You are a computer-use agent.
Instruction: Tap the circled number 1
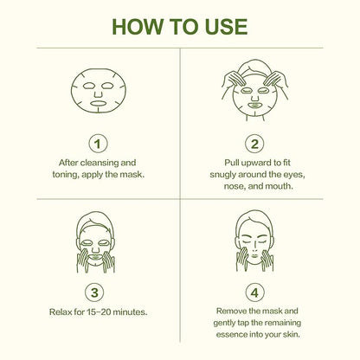[98, 144]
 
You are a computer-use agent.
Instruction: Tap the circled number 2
[254, 144]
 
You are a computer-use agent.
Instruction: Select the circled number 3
[94, 292]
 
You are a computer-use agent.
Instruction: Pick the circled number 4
[254, 292]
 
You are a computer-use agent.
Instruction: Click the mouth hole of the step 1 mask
[98, 103]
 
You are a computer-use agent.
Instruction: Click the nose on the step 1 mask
[99, 93]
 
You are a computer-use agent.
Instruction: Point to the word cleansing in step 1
[100, 163]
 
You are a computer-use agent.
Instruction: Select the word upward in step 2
[257, 163]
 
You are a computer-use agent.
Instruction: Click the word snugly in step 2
[223, 175]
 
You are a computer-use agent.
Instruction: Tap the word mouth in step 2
[279, 186]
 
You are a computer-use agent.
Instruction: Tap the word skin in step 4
[292, 335]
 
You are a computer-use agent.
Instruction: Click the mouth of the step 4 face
[254, 255]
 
